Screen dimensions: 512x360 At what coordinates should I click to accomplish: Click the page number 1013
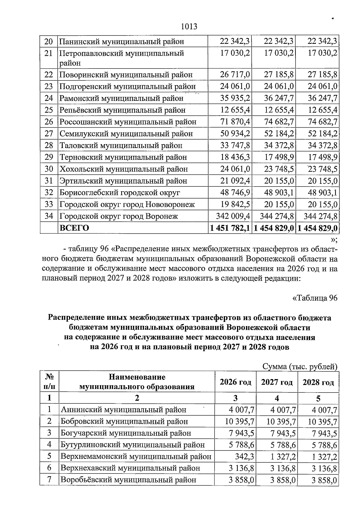[x=189, y=27]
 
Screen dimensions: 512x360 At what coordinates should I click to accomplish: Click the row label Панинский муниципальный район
[x=121, y=41]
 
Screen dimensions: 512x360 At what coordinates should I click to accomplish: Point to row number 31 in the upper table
[x=49, y=181]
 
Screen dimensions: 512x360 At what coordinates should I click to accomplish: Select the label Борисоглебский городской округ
[x=120, y=192]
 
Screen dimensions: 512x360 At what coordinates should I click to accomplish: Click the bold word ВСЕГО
[x=74, y=228]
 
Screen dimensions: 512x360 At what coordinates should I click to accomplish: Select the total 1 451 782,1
[x=230, y=228]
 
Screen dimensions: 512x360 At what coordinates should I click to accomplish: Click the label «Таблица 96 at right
[x=315, y=298]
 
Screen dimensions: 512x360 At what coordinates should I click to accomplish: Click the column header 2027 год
[x=277, y=382]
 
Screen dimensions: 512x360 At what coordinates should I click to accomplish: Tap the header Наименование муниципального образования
[x=137, y=382]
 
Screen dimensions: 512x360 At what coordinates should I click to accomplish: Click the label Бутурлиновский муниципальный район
[x=133, y=445]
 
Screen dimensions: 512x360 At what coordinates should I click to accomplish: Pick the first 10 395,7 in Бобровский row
[x=239, y=421]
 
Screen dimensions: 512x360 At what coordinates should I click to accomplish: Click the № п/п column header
[x=49, y=381]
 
